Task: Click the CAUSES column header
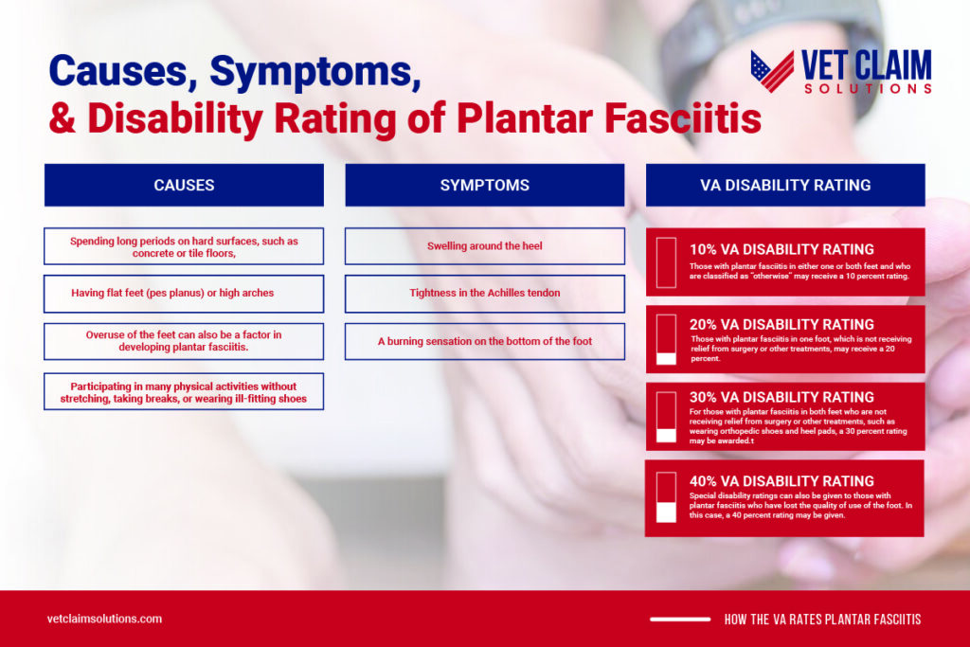[x=184, y=185]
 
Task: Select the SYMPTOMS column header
[x=484, y=185]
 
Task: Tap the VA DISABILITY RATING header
[x=785, y=185]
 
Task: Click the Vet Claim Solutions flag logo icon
[x=772, y=71]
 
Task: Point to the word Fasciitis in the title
[x=683, y=118]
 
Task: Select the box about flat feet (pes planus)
[x=184, y=294]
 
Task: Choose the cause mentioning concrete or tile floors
[x=184, y=247]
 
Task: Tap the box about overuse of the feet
[x=184, y=341]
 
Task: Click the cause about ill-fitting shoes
[x=184, y=391]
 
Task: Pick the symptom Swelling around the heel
[x=484, y=246]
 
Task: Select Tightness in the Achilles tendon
[x=484, y=294]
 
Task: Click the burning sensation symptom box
[x=484, y=341]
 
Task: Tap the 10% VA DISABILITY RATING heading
[x=781, y=249]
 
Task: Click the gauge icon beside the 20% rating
[x=666, y=339]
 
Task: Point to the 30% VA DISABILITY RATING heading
[x=781, y=397]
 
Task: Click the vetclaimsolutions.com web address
[x=104, y=619]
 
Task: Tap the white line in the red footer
[x=680, y=620]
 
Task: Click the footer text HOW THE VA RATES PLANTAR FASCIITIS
[x=823, y=620]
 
